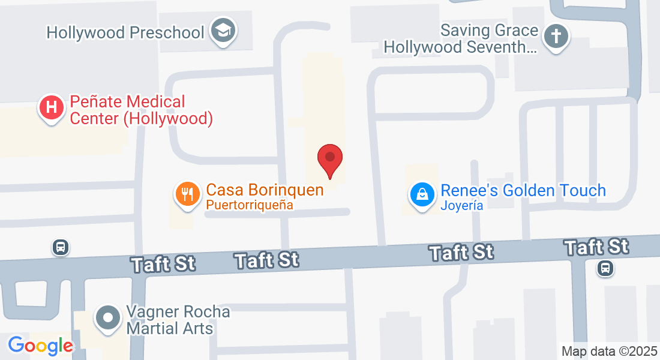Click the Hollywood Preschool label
click(125, 32)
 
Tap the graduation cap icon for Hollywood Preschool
click(223, 31)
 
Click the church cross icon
click(556, 37)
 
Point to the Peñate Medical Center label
click(141, 110)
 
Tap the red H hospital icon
click(52, 108)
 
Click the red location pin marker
click(329, 160)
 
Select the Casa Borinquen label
click(265, 190)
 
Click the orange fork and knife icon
click(187, 194)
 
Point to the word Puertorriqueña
click(249, 205)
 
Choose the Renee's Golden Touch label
click(523, 191)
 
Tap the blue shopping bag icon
click(422, 194)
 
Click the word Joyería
click(462, 206)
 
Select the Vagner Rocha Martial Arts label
click(178, 320)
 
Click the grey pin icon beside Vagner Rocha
click(109, 317)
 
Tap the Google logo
click(40, 346)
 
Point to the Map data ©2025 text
click(608, 351)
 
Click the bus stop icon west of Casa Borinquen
click(61, 247)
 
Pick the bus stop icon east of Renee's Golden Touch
click(605, 268)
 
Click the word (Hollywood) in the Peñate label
click(168, 119)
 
